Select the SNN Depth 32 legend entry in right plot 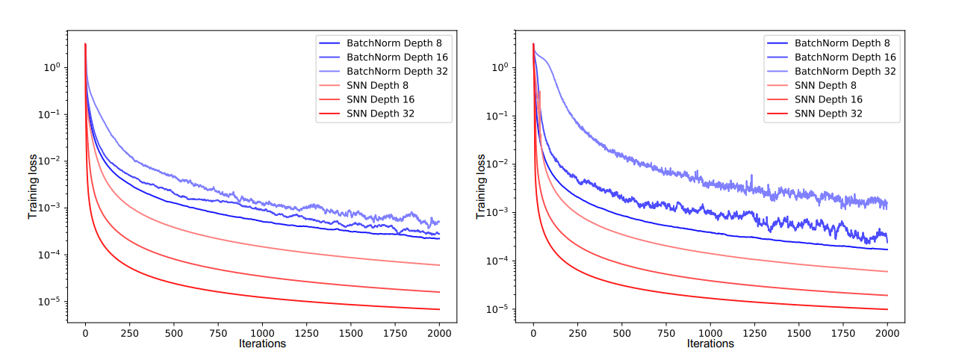pyautogui.click(x=828, y=114)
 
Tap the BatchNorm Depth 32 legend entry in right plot pyautogui.click(x=845, y=71)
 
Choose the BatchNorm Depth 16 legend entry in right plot pyautogui.click(x=845, y=57)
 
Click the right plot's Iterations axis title pyautogui.click(x=710, y=344)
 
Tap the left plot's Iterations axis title pyautogui.click(x=262, y=344)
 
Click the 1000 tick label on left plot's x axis pyautogui.click(x=262, y=332)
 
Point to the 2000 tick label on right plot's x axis pyautogui.click(x=887, y=332)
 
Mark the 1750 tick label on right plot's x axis pyautogui.click(x=843, y=332)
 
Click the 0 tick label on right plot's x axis pyautogui.click(x=533, y=332)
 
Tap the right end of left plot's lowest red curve pyautogui.click(x=439, y=309)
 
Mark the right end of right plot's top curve pyautogui.click(x=887, y=203)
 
